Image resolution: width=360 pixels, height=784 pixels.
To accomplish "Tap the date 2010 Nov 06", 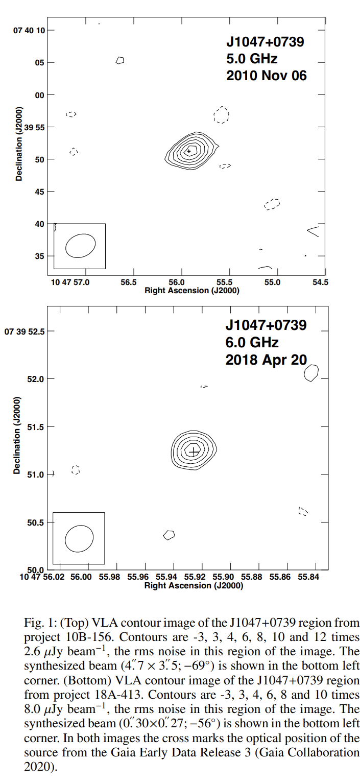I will (266, 75).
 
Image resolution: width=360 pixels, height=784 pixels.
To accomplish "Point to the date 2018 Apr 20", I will (266, 359).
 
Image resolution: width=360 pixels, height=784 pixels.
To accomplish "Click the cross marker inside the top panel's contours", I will (189, 151).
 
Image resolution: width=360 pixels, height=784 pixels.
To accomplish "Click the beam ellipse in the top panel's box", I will (80, 246).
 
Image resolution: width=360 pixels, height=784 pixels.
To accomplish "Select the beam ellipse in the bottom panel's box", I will (79, 538).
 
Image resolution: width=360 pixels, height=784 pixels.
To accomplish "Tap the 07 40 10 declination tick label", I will (29, 30).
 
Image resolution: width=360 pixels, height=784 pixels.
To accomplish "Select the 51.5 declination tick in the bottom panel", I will (36, 426).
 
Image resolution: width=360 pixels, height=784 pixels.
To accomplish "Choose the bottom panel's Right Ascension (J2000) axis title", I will (194, 585).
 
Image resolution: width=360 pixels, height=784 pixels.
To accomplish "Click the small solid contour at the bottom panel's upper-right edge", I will (311, 373).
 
